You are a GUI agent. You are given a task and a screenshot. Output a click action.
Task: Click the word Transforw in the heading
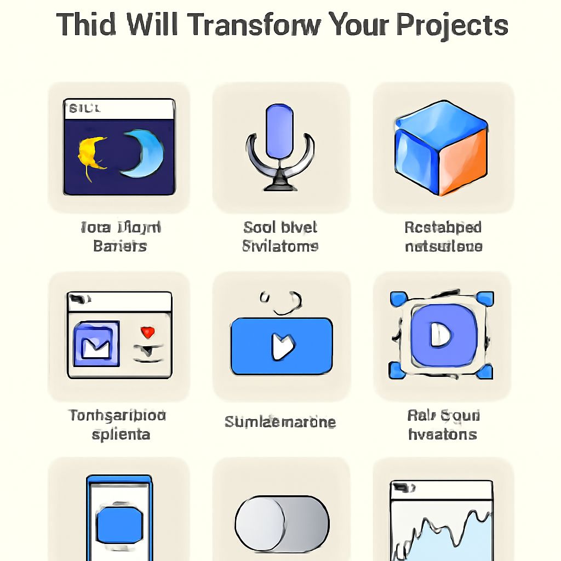tap(263, 25)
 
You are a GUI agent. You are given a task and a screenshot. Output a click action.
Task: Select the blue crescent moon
tap(144, 154)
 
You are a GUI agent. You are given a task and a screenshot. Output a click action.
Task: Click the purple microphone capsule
tap(279, 130)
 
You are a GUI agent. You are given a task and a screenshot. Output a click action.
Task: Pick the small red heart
tap(147, 332)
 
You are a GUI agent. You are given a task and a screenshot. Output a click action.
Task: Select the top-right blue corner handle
tap(484, 299)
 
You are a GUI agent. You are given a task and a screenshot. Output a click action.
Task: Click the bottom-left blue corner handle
tap(396, 371)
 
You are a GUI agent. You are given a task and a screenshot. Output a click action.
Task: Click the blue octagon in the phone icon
tap(119, 523)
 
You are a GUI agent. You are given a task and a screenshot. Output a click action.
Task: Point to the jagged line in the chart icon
tap(444, 526)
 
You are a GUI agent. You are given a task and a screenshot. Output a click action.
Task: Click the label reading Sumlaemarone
tap(280, 422)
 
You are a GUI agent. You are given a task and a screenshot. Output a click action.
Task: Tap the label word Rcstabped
tap(443, 227)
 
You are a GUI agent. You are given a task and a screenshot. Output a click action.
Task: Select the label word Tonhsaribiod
tap(117, 415)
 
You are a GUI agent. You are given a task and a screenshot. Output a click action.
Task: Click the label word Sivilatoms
tap(280, 246)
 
